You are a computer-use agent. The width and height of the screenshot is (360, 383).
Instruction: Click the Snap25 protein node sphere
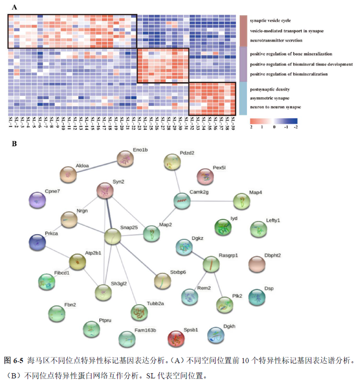pos(113,237)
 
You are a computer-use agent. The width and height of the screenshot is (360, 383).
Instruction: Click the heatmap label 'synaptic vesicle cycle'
pos(270,21)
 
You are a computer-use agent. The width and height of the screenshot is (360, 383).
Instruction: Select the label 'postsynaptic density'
pos(269,89)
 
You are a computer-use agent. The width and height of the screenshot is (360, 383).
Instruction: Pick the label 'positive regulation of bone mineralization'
pos(291,54)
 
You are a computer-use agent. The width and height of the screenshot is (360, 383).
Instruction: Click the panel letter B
pos(14,142)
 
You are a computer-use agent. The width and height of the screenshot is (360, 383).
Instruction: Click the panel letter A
pos(14,6)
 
